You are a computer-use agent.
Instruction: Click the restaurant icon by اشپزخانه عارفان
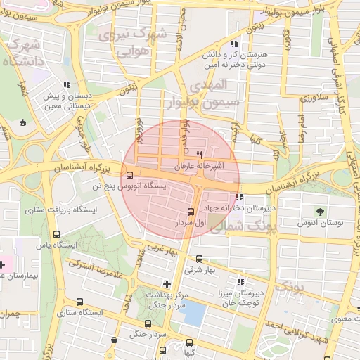coord(200,155)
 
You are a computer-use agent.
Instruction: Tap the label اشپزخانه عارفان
coord(199,167)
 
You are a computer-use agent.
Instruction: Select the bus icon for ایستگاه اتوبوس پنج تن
coord(129,176)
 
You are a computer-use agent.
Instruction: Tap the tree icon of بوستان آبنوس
coord(321,211)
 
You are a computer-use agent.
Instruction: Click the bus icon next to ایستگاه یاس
coord(56,235)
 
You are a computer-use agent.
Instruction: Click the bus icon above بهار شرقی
coord(199,259)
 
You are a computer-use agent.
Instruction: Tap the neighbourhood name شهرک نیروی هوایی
coord(132,42)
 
